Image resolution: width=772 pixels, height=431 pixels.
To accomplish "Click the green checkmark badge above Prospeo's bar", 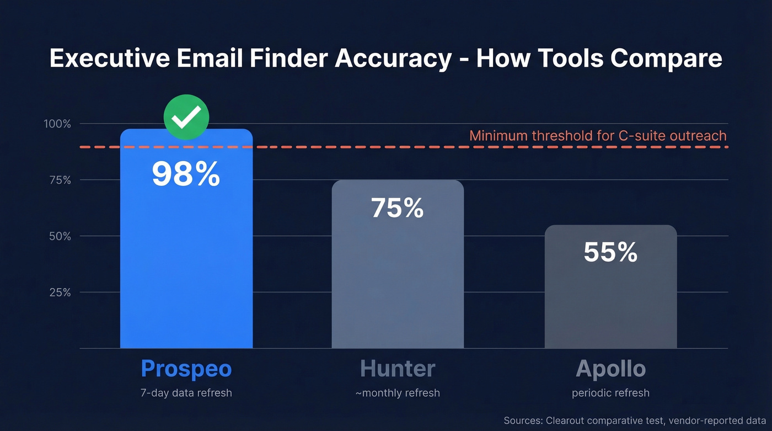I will pyautogui.click(x=186, y=116).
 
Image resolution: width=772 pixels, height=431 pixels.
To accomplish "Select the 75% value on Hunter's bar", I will pyautogui.click(x=397, y=208).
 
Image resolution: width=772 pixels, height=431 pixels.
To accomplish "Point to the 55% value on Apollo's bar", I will pyautogui.click(x=610, y=252).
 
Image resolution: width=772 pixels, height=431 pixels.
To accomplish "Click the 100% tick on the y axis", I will pyautogui.click(x=57, y=124).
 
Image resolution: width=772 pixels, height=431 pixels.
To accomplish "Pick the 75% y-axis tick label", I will pyautogui.click(x=60, y=180).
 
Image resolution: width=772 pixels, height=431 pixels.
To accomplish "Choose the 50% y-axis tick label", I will pyautogui.click(x=60, y=236).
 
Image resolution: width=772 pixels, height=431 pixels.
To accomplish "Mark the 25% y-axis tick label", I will pyautogui.click(x=60, y=292).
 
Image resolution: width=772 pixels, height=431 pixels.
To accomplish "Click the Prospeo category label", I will pyautogui.click(x=186, y=369).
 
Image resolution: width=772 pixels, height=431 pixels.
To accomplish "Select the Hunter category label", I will pyautogui.click(x=398, y=369).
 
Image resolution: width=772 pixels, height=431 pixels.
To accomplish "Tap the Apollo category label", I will pyautogui.click(x=610, y=369).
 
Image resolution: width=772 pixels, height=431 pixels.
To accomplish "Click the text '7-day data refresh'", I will pyautogui.click(x=186, y=393).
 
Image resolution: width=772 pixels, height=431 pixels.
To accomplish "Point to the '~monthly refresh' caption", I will pyautogui.click(x=398, y=393).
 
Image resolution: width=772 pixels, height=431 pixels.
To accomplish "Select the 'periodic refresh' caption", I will pyautogui.click(x=610, y=393).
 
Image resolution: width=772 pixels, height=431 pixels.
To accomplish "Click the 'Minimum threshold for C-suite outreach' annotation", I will pyautogui.click(x=598, y=136).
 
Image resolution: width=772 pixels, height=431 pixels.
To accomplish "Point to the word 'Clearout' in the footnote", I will pyautogui.click(x=567, y=421).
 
